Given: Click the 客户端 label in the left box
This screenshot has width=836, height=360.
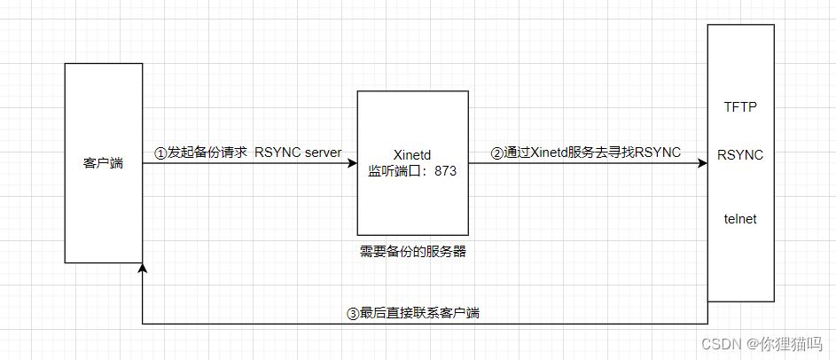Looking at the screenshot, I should point(104,164).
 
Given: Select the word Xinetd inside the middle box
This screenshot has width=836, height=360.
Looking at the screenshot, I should point(412,153).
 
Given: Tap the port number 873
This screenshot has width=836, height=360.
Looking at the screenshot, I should point(445,171).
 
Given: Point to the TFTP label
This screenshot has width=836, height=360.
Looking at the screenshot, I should point(740,106).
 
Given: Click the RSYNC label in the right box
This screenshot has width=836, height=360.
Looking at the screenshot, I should point(740,154).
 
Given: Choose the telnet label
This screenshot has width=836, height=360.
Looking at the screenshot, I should point(740,218).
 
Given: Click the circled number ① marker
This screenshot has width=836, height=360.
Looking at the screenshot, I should point(160,153).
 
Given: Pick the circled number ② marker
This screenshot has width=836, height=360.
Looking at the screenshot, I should point(497,153).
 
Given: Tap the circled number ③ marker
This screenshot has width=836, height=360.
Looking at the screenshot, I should point(353,313).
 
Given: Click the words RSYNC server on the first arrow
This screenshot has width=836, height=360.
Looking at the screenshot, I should point(298,153).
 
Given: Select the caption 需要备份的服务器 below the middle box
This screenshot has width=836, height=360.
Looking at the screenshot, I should point(412,251).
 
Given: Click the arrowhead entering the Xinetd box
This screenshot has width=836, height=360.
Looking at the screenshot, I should point(352,164).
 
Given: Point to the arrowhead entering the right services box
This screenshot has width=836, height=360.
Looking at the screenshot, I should point(702,164).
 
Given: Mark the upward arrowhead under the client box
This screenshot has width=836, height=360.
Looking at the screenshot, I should point(143,267).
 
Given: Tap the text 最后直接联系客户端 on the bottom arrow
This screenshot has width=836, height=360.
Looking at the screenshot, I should point(420,313).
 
